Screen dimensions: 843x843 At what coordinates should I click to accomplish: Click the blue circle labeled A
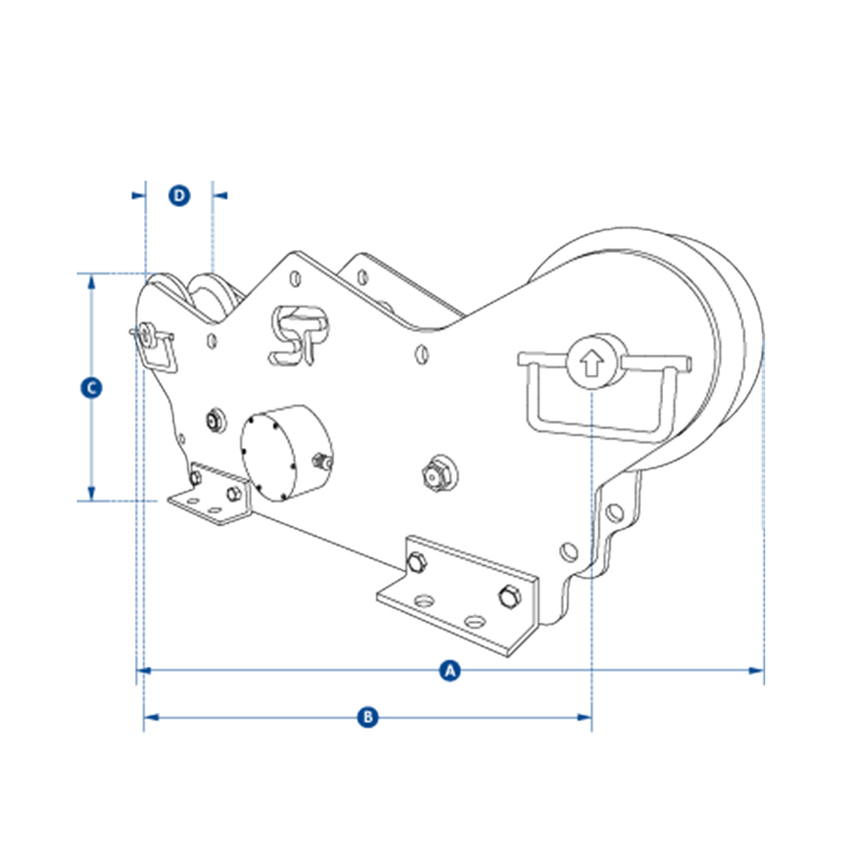450,671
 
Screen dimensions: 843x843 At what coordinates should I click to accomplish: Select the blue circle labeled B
368,717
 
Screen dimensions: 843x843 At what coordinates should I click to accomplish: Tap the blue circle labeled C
92,388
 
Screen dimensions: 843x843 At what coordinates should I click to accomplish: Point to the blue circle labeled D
180,195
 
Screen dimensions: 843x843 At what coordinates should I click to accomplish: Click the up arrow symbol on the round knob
591,362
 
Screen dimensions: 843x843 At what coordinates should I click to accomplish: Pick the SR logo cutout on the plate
299,336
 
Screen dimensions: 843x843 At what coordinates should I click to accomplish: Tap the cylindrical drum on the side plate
286,452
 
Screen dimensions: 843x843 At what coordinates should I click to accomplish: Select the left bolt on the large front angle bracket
417,562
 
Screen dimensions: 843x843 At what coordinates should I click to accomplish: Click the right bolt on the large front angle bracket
509,597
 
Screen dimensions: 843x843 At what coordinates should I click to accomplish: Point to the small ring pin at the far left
144,335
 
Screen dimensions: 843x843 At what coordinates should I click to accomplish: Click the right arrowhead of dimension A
756,671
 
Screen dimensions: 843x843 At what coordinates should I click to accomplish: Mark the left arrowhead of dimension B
152,717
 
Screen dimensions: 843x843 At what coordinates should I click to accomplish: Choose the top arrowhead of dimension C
92,281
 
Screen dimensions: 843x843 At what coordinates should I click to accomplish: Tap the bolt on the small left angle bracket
233,493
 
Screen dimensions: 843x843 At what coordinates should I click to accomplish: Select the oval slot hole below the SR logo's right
421,355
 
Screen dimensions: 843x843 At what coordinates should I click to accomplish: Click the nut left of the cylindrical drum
215,421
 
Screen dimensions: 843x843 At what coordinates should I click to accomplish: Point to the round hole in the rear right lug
614,512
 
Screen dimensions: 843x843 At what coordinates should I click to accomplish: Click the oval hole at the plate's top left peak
295,278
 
